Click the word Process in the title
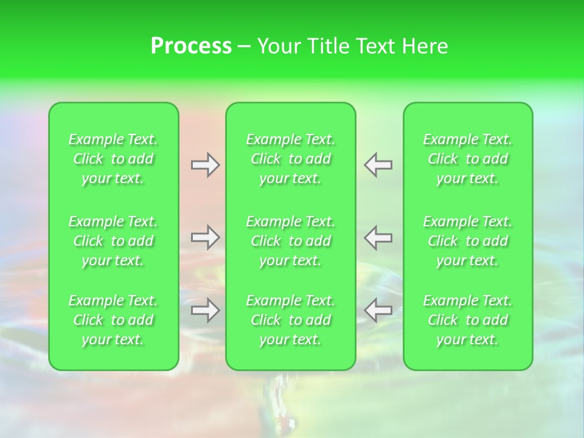(191, 46)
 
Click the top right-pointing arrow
(205, 165)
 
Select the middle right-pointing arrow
(205, 237)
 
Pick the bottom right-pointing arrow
(205, 310)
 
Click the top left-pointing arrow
(378, 165)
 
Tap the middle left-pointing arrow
(378, 237)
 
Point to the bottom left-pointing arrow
(378, 310)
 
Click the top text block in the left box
(113, 159)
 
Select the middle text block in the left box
(113, 241)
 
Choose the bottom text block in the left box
(113, 320)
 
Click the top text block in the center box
(291, 159)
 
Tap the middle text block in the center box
(291, 241)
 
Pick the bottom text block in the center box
(291, 320)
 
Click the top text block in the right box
(468, 159)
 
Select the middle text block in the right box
(468, 241)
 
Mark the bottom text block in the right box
(468, 320)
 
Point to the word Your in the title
(279, 46)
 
